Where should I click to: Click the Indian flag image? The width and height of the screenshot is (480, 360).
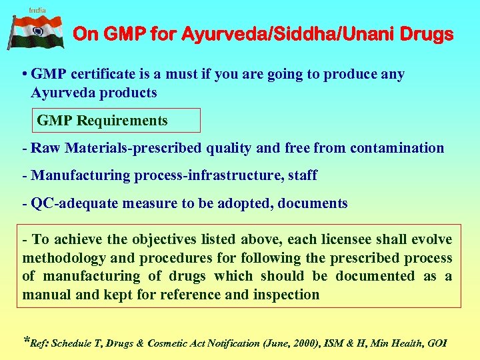click(36, 32)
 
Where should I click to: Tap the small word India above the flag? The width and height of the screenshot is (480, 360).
click(37, 10)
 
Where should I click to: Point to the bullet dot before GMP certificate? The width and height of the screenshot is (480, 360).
click(24, 75)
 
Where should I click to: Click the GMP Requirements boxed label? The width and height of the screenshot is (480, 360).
click(103, 121)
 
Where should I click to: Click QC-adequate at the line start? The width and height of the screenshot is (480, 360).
click(63, 203)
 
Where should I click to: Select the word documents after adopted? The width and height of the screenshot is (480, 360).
click(310, 203)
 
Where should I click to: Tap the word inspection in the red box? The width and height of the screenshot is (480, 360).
click(286, 294)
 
